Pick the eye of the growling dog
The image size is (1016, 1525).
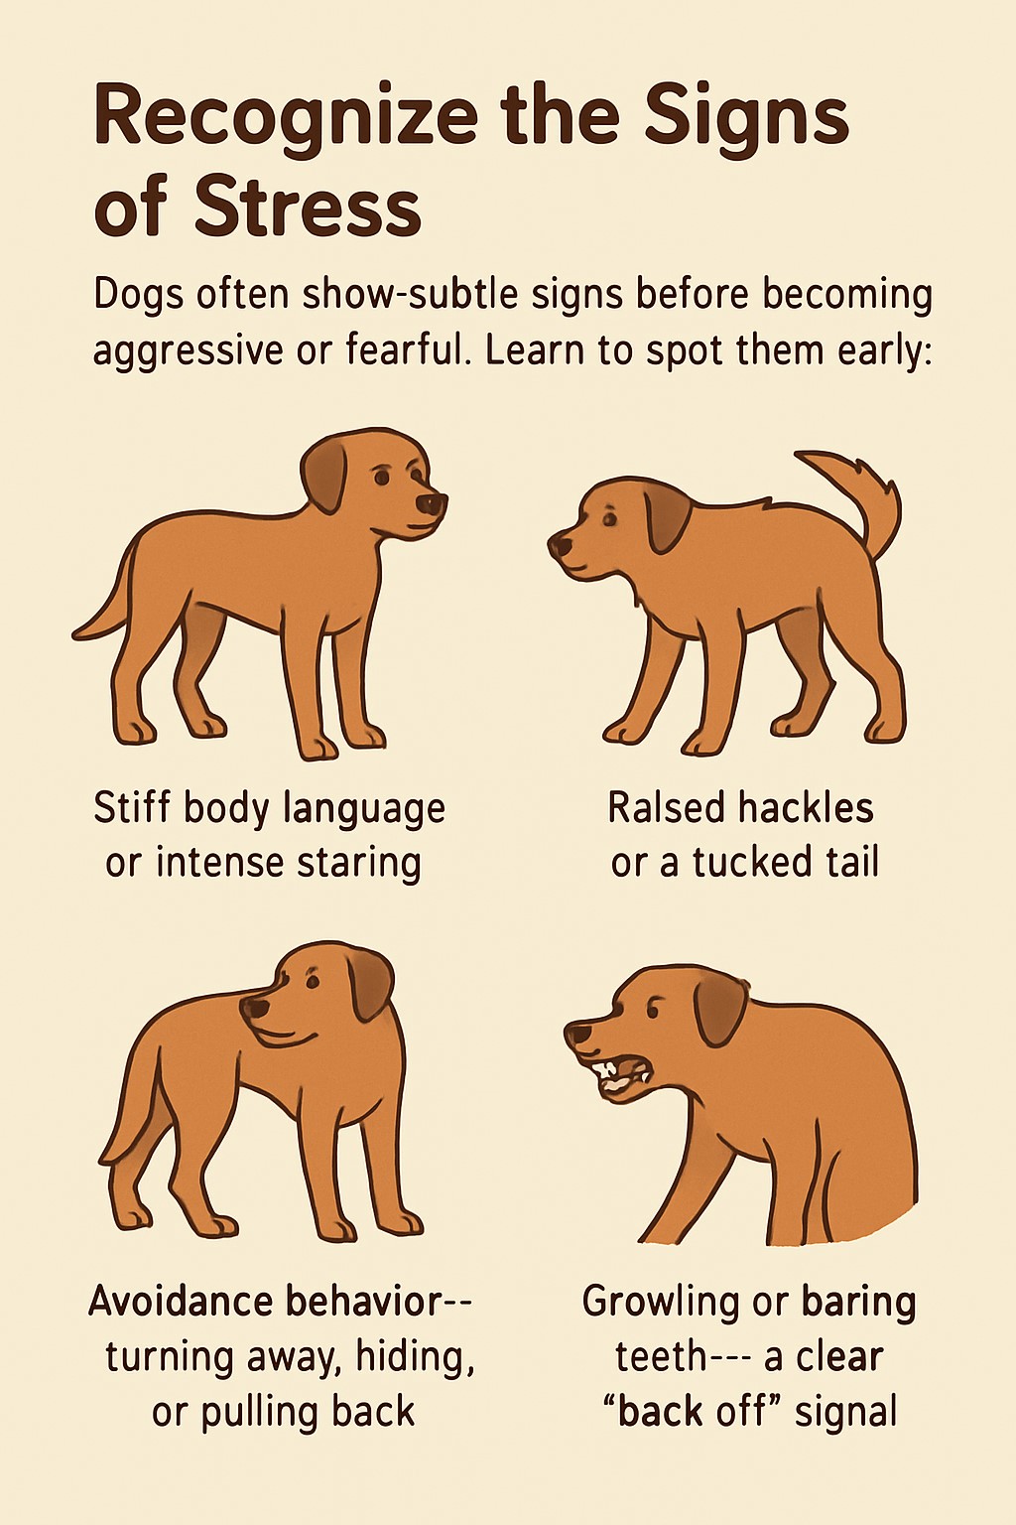(x=654, y=1010)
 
